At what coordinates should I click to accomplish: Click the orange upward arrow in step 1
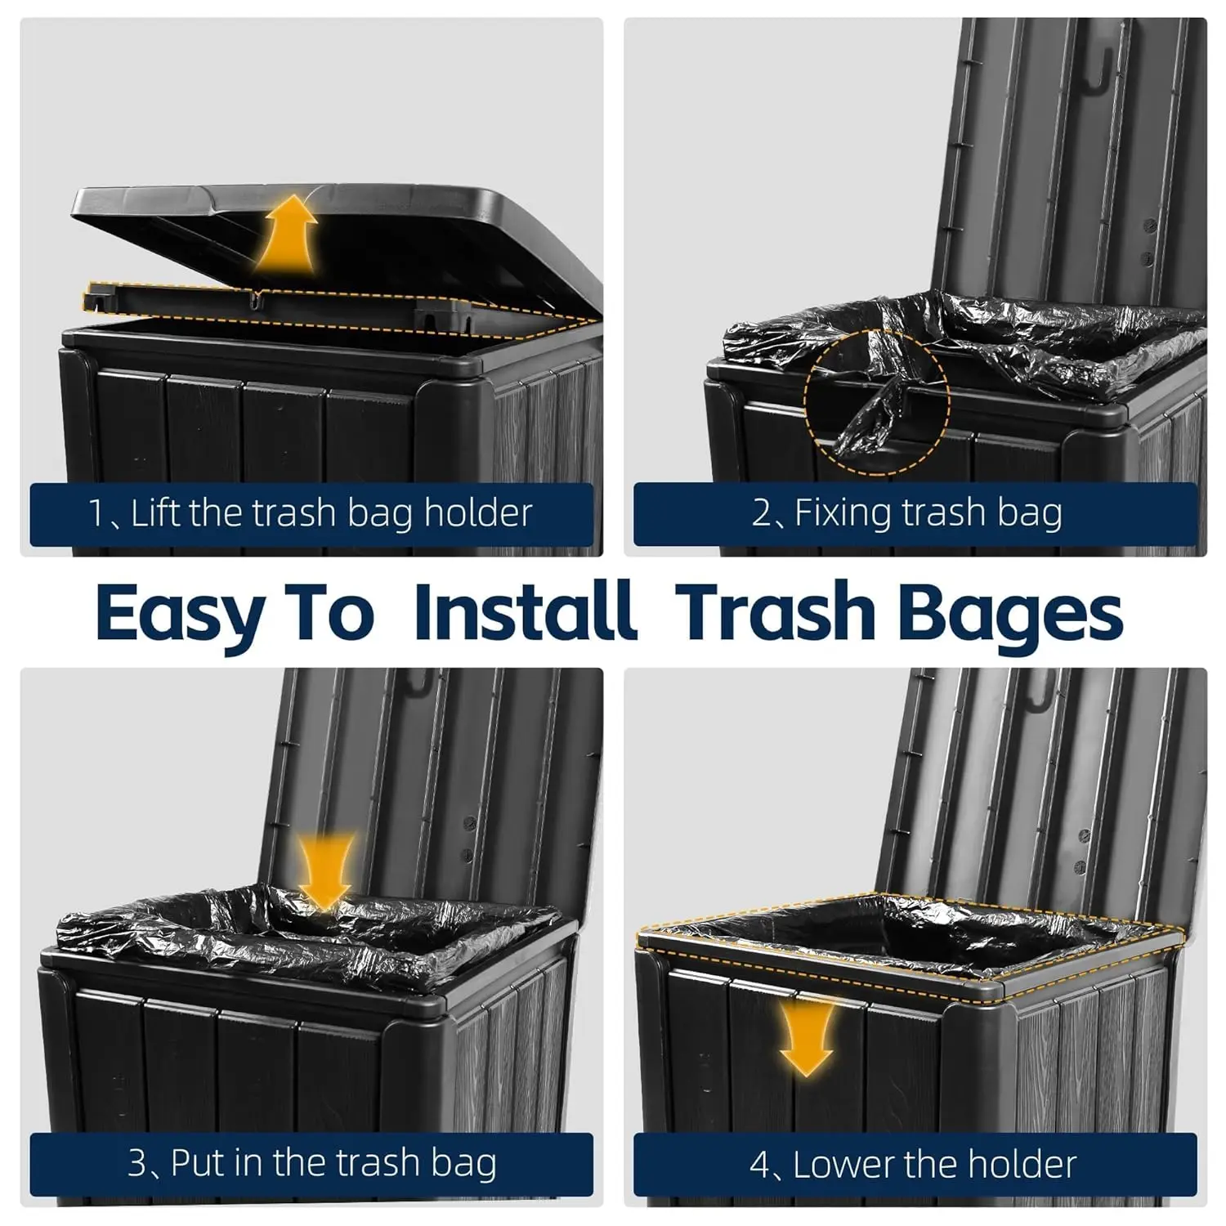click(x=285, y=236)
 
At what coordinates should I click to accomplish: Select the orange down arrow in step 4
click(x=806, y=1037)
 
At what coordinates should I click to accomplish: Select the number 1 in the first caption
click(x=96, y=514)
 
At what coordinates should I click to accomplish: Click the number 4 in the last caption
click(x=759, y=1165)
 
